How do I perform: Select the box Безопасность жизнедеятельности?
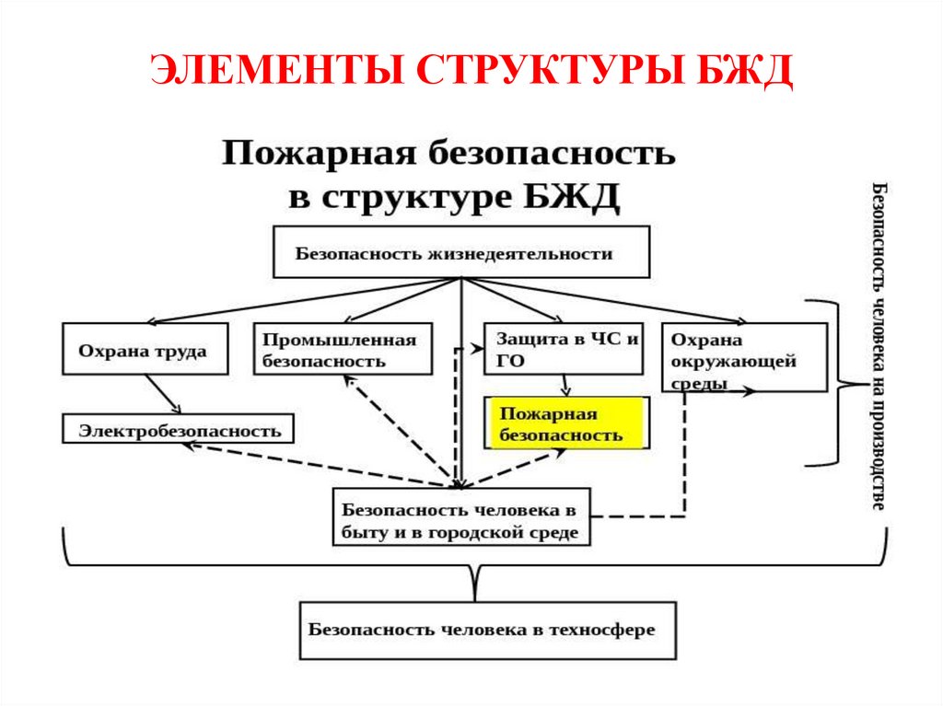(460, 253)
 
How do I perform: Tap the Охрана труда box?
(146, 349)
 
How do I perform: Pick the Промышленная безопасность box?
(343, 350)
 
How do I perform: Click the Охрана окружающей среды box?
(742, 358)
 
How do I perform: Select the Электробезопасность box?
(179, 429)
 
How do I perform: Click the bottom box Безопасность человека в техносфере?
(487, 631)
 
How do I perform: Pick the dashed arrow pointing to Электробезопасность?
(313, 462)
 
